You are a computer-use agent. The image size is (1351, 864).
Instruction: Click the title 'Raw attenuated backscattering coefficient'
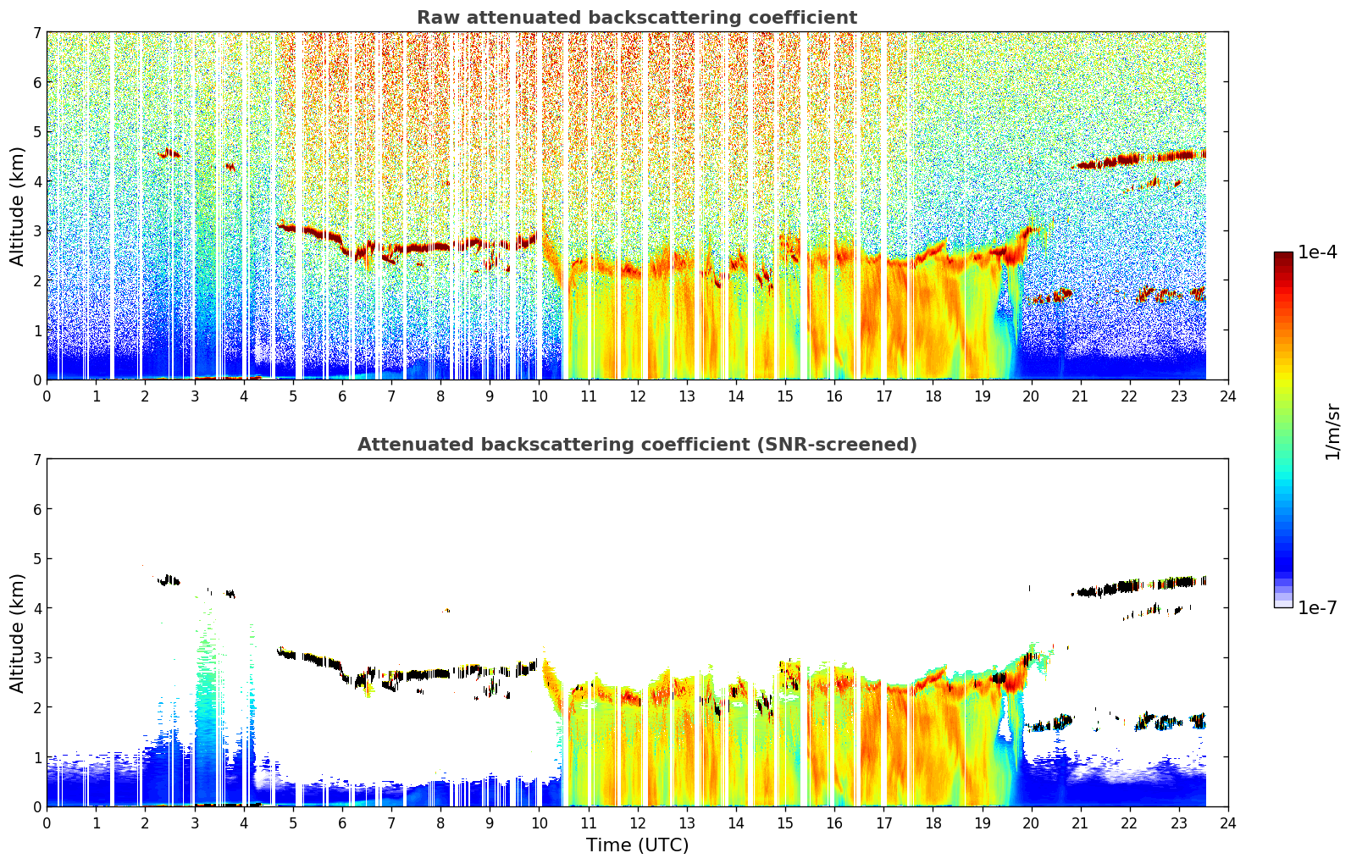[x=637, y=18]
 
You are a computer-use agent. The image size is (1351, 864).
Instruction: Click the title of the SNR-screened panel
[x=637, y=444]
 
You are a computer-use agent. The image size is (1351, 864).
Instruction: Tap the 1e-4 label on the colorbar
[x=1317, y=252]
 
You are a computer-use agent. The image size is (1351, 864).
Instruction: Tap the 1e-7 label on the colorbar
[x=1317, y=607]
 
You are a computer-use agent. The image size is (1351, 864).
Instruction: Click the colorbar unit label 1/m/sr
[x=1332, y=433]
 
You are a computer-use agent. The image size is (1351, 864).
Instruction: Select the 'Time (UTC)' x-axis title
[x=637, y=845]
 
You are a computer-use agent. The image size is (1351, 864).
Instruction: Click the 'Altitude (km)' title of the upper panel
[x=17, y=207]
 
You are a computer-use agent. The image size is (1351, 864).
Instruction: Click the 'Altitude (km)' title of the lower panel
[x=17, y=633]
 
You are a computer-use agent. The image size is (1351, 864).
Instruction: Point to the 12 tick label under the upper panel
[x=638, y=396]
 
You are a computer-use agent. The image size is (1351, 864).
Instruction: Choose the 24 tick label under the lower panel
[x=1228, y=823]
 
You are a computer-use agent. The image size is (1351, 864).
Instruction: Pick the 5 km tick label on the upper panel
[x=36, y=131]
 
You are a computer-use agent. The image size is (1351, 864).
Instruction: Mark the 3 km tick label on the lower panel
[x=36, y=657]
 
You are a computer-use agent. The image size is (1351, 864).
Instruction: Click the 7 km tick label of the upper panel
[x=36, y=32]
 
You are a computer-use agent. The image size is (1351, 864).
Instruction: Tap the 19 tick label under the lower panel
[x=982, y=823]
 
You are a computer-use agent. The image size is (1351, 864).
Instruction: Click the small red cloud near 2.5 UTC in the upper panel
[x=169, y=153]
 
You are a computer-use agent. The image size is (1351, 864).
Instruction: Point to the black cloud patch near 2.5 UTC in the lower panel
[x=169, y=580]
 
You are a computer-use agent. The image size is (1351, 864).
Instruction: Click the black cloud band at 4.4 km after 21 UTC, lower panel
[x=1139, y=586]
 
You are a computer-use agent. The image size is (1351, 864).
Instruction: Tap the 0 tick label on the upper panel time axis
[x=47, y=396]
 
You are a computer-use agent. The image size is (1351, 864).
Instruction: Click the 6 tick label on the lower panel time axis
[x=342, y=823]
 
